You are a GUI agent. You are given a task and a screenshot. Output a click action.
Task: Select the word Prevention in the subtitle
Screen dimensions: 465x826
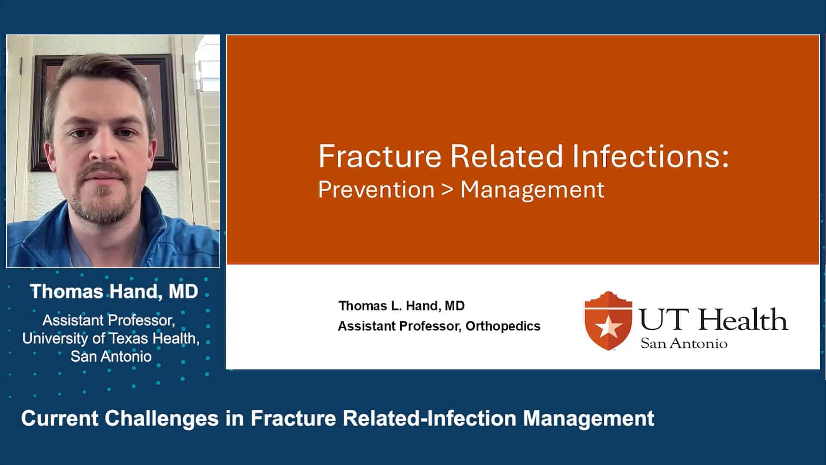coord(376,190)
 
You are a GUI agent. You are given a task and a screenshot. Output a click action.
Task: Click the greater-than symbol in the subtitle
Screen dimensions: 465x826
coord(447,190)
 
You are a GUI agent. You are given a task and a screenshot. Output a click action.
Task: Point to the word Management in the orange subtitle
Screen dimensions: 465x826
coord(532,190)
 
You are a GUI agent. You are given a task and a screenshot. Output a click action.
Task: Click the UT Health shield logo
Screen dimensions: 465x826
coord(608,321)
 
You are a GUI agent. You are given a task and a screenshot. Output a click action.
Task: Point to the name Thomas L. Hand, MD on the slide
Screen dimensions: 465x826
coord(401,306)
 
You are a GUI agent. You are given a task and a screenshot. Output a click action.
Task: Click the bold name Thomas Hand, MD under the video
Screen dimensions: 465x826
coord(114,291)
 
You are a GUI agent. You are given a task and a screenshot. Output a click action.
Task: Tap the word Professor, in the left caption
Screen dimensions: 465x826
coord(142,320)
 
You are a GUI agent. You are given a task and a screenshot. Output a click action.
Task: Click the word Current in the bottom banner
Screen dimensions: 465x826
coord(59,418)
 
